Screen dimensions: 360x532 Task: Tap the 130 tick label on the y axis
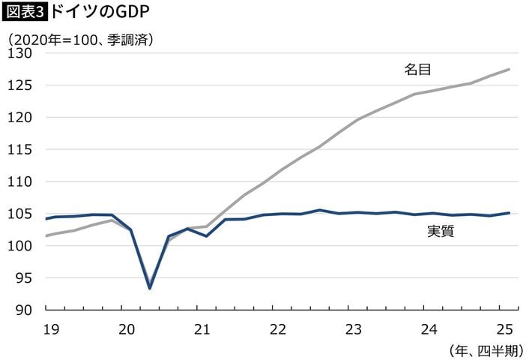(22, 53)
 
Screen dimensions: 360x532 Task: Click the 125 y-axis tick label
(22, 85)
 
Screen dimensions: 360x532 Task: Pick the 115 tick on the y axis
(22, 150)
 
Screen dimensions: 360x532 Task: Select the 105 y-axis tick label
(22, 214)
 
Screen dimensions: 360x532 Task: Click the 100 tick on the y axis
(22, 246)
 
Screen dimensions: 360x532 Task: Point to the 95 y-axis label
(25, 278)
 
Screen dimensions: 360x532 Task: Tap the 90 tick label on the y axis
(25, 310)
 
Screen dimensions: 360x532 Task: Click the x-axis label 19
(51, 328)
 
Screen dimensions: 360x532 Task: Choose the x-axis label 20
(127, 328)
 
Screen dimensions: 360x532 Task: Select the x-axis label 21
(202, 328)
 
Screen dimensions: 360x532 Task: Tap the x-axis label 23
(354, 328)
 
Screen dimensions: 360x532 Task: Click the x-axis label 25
(504, 328)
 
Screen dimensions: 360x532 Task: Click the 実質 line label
(441, 232)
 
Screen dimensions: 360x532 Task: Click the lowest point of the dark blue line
(150, 288)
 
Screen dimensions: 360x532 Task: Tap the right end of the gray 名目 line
(510, 69)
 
